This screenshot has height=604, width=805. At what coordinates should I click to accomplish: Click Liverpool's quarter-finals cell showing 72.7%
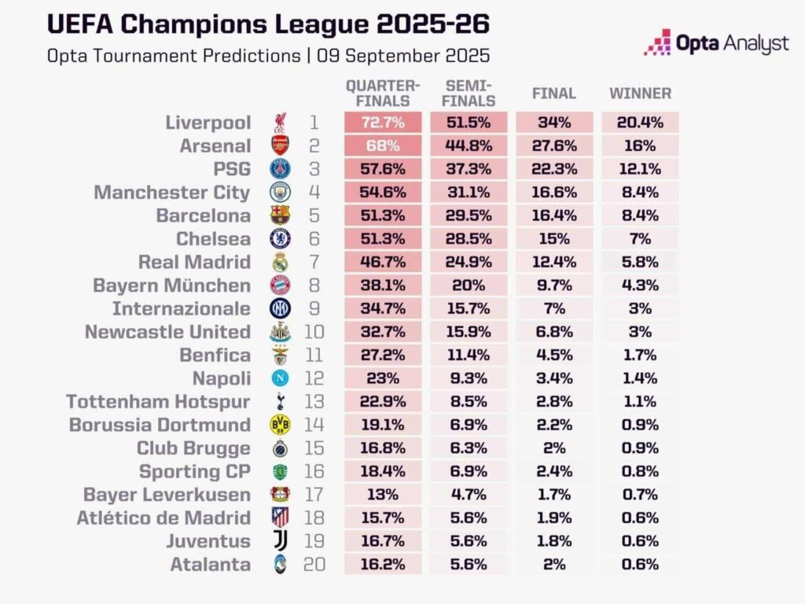383,123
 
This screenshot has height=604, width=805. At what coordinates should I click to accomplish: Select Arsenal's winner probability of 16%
640,145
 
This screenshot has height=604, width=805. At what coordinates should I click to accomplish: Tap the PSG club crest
281,169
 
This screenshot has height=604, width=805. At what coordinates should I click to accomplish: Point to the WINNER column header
640,94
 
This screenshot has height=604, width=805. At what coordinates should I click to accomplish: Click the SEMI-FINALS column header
469,94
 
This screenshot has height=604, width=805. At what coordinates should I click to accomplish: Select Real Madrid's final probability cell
554,262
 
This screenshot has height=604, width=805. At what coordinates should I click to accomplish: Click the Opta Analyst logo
716,43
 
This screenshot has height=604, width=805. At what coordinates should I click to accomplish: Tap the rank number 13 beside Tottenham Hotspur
314,402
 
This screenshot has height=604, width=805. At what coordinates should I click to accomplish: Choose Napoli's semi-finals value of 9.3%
469,378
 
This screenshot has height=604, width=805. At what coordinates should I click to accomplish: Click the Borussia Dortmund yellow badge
281,425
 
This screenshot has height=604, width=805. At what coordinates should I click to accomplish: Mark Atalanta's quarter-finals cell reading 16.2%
383,565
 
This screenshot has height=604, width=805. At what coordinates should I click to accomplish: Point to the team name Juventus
208,542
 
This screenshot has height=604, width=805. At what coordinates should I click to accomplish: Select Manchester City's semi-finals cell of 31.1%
469,192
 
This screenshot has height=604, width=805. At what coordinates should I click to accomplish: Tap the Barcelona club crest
281,215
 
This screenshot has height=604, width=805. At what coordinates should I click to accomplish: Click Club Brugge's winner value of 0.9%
640,448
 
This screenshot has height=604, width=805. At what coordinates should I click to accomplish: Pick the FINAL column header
554,94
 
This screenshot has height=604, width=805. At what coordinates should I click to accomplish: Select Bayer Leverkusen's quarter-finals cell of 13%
383,495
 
